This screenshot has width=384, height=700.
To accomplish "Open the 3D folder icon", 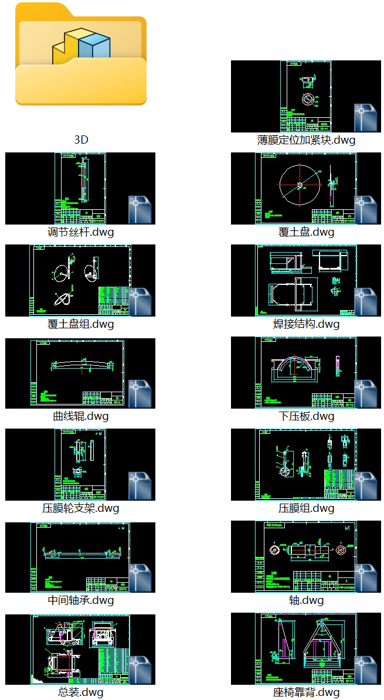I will (x=80, y=56).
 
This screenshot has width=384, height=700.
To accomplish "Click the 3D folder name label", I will (x=81, y=140).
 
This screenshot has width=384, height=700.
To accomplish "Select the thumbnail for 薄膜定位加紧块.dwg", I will (x=305, y=96).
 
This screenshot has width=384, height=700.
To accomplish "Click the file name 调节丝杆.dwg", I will (x=80, y=232).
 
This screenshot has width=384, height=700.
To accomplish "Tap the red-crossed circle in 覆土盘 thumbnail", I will (x=300, y=186).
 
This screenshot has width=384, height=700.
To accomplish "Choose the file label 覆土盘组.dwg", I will (x=80, y=324).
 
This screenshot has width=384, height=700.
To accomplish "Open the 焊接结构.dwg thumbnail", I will (x=305, y=280).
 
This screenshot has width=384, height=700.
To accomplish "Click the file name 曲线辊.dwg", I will (x=80, y=416).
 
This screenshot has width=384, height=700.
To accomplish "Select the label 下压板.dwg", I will (x=306, y=416).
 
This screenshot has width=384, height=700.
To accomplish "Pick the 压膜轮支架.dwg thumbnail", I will (x=80, y=464).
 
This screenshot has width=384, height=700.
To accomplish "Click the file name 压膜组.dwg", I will (x=306, y=508).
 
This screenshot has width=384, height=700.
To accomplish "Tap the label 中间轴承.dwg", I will (x=80, y=600).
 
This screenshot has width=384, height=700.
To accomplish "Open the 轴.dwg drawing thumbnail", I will (x=305, y=556).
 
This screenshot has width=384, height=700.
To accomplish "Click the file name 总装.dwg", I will (x=80, y=692).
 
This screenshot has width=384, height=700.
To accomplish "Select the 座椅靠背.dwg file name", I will (x=306, y=692).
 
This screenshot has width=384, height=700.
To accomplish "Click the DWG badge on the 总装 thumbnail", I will (x=140, y=670).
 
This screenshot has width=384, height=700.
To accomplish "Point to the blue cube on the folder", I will (x=94, y=47).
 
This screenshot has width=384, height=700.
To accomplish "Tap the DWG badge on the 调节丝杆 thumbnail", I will (x=140, y=210).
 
